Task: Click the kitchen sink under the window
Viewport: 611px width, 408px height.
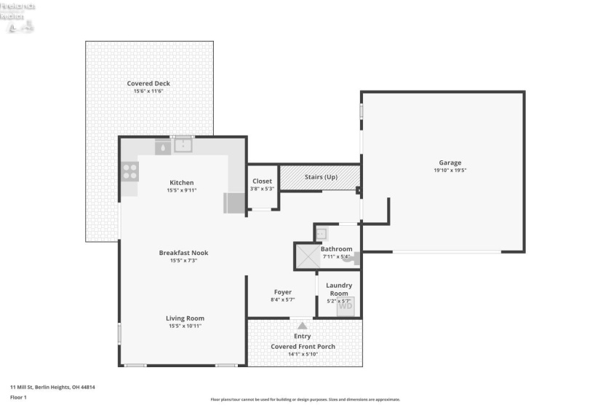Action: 183,146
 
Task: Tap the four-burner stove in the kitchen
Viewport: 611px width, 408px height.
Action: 129,172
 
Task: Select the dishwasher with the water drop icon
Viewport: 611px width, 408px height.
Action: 163,146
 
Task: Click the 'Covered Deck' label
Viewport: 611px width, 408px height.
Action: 148,84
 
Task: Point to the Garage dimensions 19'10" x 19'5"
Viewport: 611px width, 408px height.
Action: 450,170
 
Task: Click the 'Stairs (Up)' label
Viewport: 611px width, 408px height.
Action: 320,177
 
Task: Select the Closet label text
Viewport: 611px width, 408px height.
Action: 262,181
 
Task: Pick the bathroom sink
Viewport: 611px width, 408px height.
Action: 322,234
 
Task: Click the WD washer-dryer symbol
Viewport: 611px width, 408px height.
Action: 345,307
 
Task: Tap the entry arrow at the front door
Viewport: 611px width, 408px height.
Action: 302,324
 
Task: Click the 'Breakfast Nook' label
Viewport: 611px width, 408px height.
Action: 183,253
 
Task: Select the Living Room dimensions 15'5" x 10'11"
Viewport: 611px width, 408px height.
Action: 185,326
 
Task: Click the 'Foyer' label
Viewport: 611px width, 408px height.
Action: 282,292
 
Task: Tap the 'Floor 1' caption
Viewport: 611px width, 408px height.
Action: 18,397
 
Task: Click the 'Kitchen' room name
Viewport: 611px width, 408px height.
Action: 182,182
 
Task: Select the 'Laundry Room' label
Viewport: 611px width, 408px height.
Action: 339,289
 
